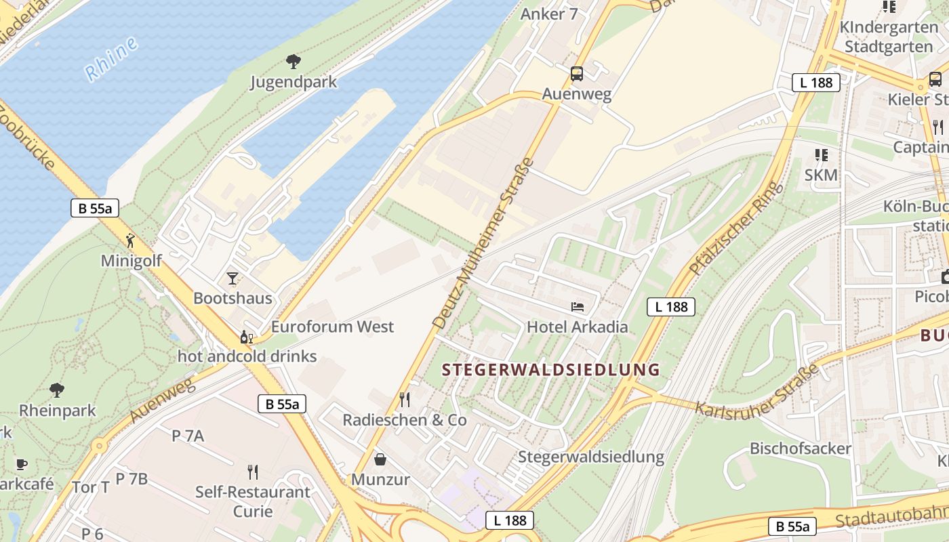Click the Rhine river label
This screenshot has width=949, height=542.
click(x=112, y=59)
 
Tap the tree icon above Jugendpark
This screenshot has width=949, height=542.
click(x=294, y=62)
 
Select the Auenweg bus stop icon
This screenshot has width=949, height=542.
click(x=577, y=74)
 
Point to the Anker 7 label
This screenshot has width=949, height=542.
click(x=549, y=14)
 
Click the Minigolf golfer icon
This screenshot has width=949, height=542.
click(x=130, y=240)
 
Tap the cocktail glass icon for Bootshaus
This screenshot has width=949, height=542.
click(x=233, y=278)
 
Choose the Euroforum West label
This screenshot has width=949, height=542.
click(x=332, y=327)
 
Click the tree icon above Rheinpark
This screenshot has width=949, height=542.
click(x=57, y=390)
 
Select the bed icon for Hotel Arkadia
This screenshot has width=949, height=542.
click(x=578, y=307)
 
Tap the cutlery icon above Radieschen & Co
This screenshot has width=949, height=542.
click(x=405, y=399)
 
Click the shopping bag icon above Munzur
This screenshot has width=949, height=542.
click(x=380, y=459)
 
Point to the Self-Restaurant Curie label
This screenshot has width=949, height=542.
click(x=253, y=501)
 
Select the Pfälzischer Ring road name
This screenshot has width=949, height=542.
click(x=736, y=228)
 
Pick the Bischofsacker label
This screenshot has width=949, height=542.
click(x=800, y=449)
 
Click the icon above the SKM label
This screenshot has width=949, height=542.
click(x=822, y=155)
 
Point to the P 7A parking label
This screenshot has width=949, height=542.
click(x=188, y=436)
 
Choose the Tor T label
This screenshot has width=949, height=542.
click(x=91, y=487)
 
